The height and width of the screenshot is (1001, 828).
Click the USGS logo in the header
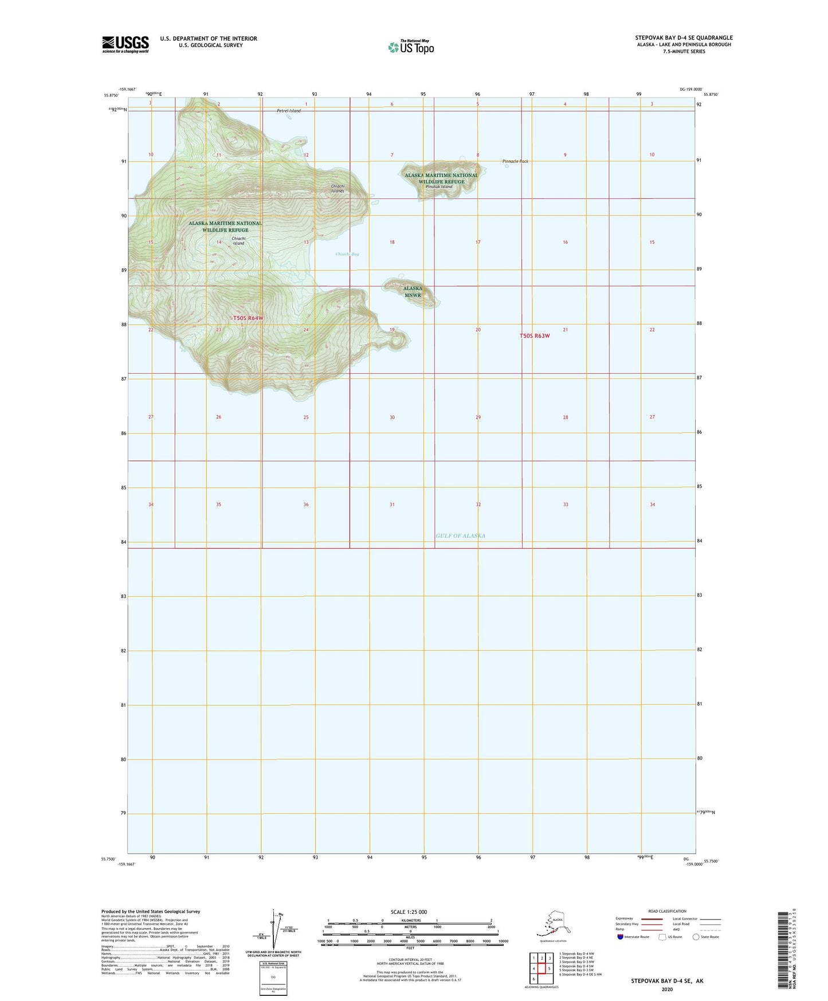pyautogui.click(x=125, y=44)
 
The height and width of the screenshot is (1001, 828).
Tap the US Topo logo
pyautogui.click(x=410, y=46)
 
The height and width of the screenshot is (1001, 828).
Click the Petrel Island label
pyautogui.click(x=285, y=111)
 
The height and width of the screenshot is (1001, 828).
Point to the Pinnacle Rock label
pyautogui.click(x=515, y=161)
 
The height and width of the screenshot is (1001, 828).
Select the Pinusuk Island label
pyautogui.click(x=439, y=187)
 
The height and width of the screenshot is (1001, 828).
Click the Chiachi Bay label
pyautogui.click(x=347, y=254)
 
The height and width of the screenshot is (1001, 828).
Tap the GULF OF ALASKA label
pyautogui.click(x=460, y=535)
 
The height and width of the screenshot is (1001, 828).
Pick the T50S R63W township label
pyautogui.click(x=534, y=336)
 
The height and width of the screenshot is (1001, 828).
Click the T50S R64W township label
pyautogui.click(x=248, y=318)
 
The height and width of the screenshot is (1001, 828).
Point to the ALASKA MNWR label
pyautogui.click(x=413, y=292)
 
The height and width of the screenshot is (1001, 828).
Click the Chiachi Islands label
pyautogui.click(x=338, y=188)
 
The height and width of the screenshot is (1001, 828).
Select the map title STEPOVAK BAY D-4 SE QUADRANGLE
pyautogui.click(x=679, y=38)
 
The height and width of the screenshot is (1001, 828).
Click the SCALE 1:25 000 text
pyautogui.click(x=409, y=912)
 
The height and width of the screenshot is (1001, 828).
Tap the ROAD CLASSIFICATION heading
pyautogui.click(x=667, y=911)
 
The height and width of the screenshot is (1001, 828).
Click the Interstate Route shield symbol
pyautogui.click(x=620, y=937)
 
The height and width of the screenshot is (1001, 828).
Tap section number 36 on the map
pyautogui.click(x=306, y=505)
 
